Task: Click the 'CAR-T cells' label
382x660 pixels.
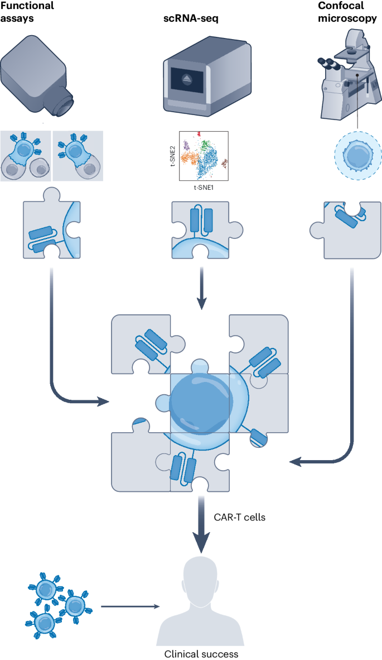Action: pos(240,516)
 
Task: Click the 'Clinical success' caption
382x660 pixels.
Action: pos(201,654)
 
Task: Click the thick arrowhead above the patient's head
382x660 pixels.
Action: pos(201,541)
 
